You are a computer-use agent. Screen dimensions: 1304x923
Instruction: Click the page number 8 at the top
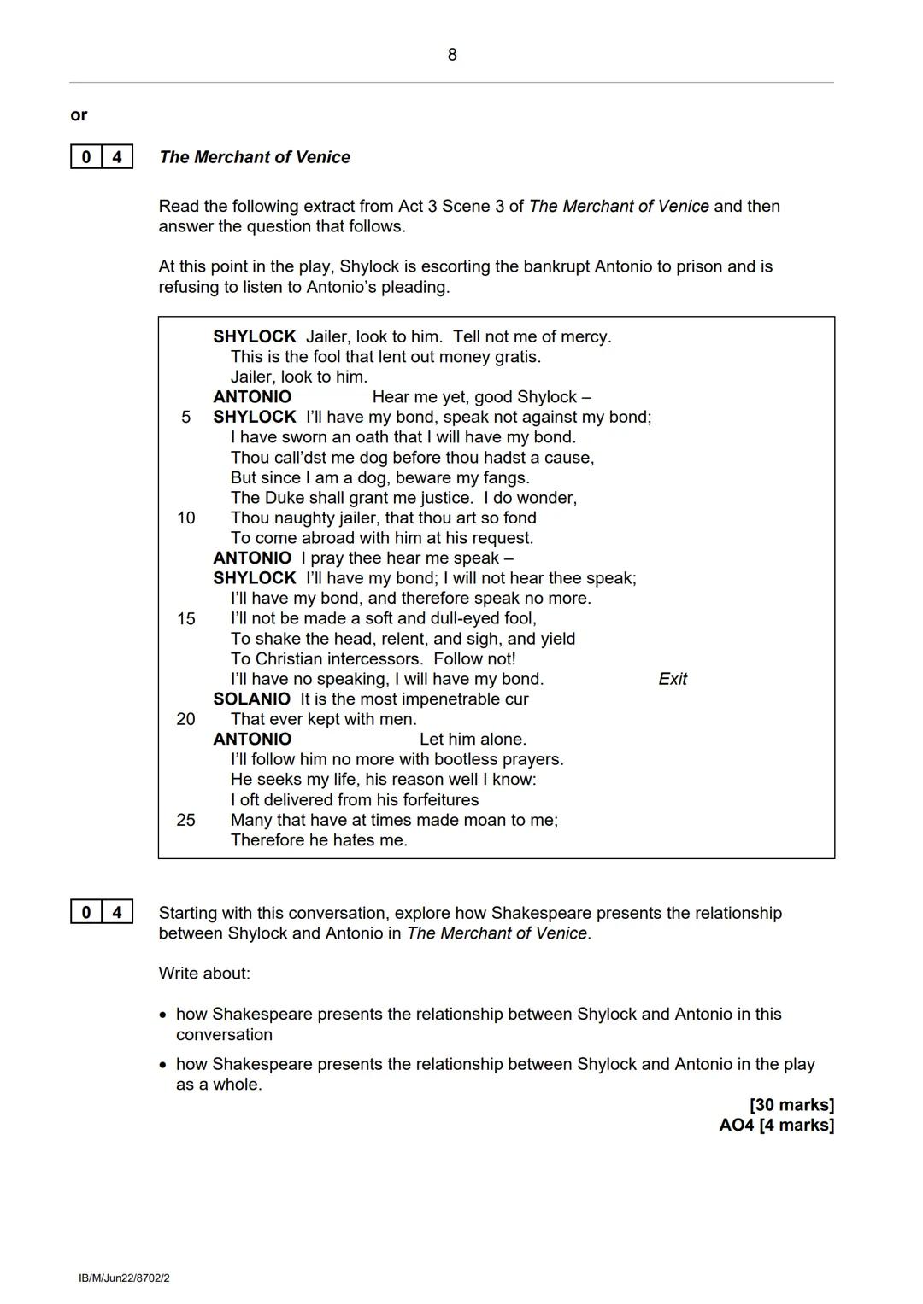pyautogui.click(x=452, y=55)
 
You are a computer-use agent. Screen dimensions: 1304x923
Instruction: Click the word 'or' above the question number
pyautogui.click(x=79, y=114)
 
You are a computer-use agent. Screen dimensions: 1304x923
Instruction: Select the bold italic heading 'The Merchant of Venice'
pyautogui.click(x=255, y=157)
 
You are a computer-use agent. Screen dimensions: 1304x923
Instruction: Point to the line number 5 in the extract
pyautogui.click(x=185, y=417)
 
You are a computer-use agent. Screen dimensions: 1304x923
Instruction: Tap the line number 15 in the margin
pyautogui.click(x=185, y=618)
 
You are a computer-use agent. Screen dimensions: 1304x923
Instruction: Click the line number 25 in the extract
pyautogui.click(x=185, y=820)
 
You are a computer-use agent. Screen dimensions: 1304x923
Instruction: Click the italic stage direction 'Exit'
pyautogui.click(x=673, y=679)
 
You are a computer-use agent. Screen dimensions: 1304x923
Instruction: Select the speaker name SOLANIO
pyautogui.click(x=252, y=699)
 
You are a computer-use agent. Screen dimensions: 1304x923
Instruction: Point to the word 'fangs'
pyautogui.click(x=505, y=477)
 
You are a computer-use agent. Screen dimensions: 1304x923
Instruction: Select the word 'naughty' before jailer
pyautogui.click(x=301, y=518)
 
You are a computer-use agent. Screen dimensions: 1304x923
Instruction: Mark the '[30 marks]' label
pyautogui.click(x=791, y=1104)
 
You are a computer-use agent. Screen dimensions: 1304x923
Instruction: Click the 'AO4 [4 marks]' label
pyautogui.click(x=776, y=1125)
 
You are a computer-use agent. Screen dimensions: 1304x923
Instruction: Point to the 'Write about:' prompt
pyautogui.click(x=204, y=974)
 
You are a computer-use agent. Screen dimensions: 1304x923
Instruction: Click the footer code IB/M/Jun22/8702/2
pyautogui.click(x=124, y=1278)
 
